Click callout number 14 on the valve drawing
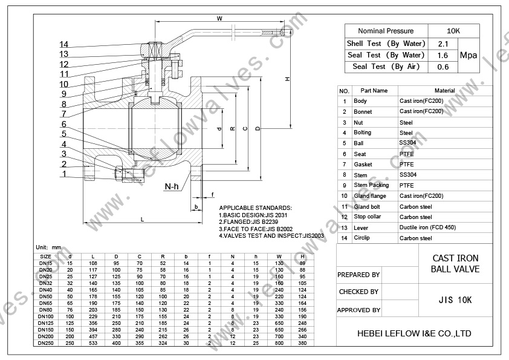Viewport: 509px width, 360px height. coord(64,44)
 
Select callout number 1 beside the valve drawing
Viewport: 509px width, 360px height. coord(63,174)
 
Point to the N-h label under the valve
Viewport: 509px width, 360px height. coord(172,186)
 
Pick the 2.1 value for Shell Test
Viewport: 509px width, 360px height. coord(443,44)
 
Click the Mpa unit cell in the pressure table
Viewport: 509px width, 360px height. coord(468,55)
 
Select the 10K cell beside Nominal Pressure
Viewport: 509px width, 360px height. coord(453,31)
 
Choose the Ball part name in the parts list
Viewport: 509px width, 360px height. coord(359,143)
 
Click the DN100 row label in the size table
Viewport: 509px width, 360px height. coord(45,316)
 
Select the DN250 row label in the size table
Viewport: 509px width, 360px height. coord(45,343)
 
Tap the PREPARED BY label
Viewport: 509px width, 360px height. coord(358,275)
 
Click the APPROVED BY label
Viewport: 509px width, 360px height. coord(358,310)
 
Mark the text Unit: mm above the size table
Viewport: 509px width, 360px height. coord(49,247)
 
